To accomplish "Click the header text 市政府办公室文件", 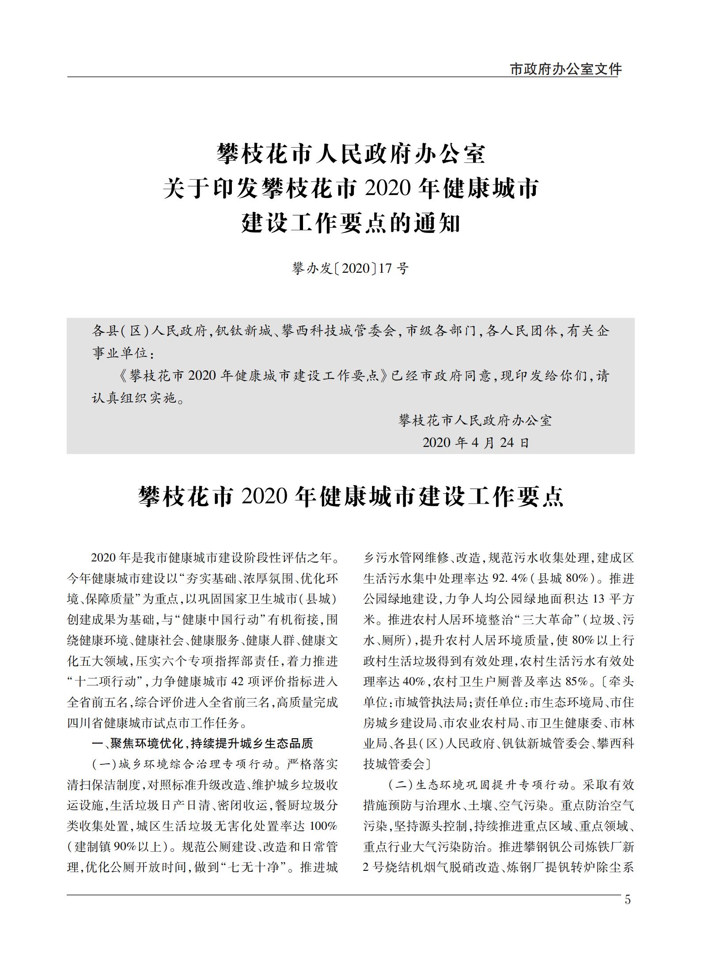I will (x=566, y=69).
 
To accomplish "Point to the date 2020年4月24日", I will (x=476, y=443).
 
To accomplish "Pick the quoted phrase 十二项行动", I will (x=106, y=682).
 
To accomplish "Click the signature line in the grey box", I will (x=475, y=420).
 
